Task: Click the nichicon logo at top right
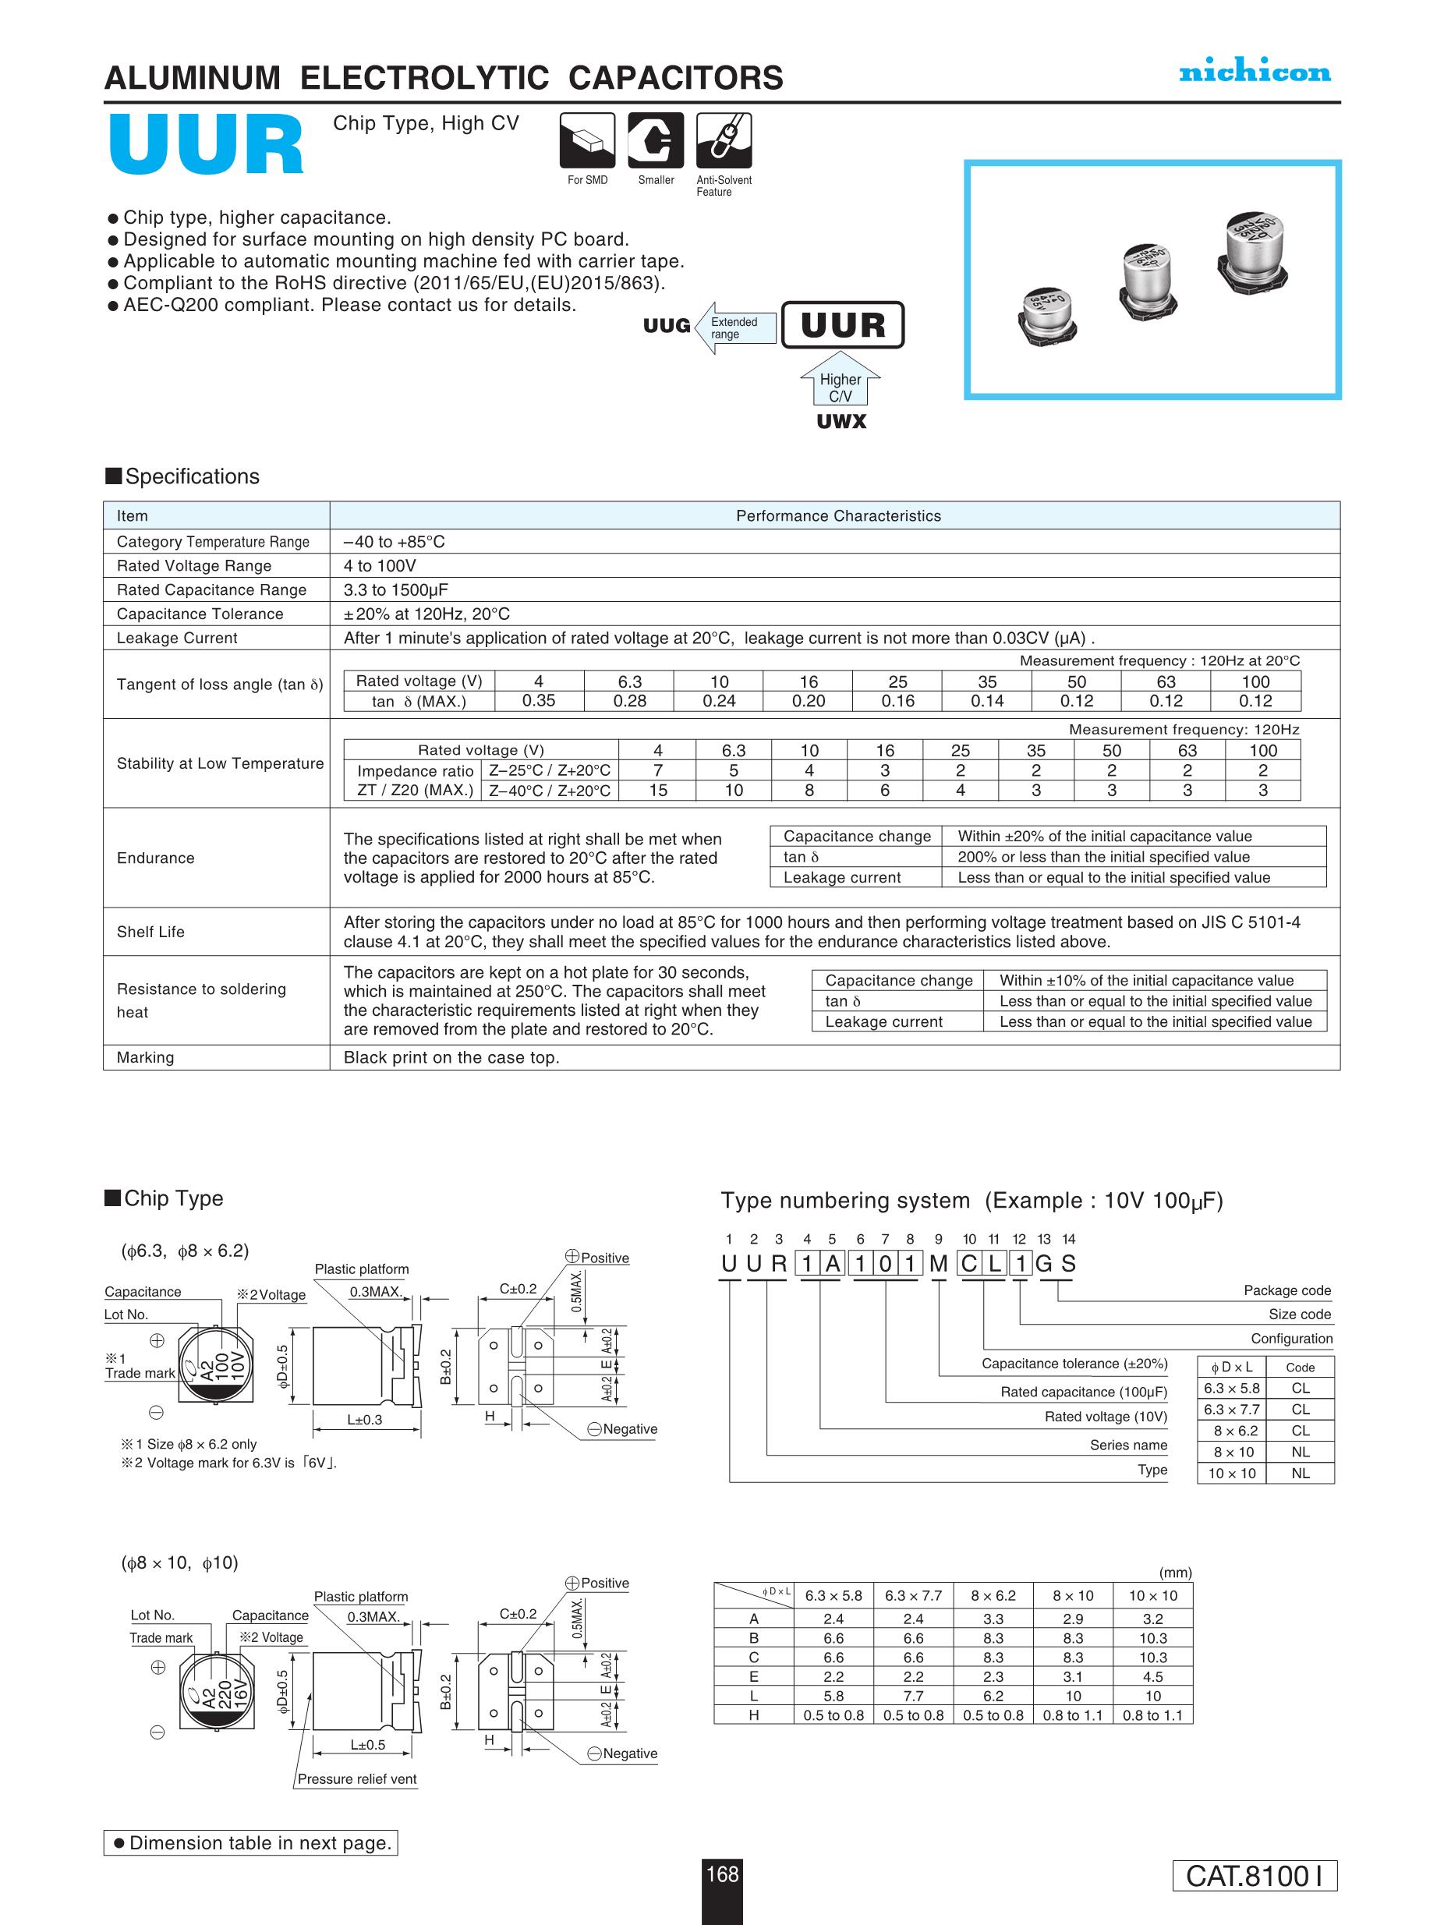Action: point(1255,73)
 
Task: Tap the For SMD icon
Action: point(586,140)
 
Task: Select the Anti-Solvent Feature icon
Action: point(724,140)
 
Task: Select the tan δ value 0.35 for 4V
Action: point(539,701)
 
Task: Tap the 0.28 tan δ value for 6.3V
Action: point(629,701)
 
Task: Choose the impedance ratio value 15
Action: point(658,790)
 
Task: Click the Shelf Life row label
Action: point(150,931)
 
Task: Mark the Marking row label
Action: point(145,1057)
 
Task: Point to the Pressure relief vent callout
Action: point(357,1778)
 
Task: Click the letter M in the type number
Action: point(938,1264)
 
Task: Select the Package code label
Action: point(1287,1290)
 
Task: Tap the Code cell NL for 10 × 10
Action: point(1301,1473)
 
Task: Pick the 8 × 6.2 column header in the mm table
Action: point(993,1595)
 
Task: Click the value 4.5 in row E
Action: point(1152,1676)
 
